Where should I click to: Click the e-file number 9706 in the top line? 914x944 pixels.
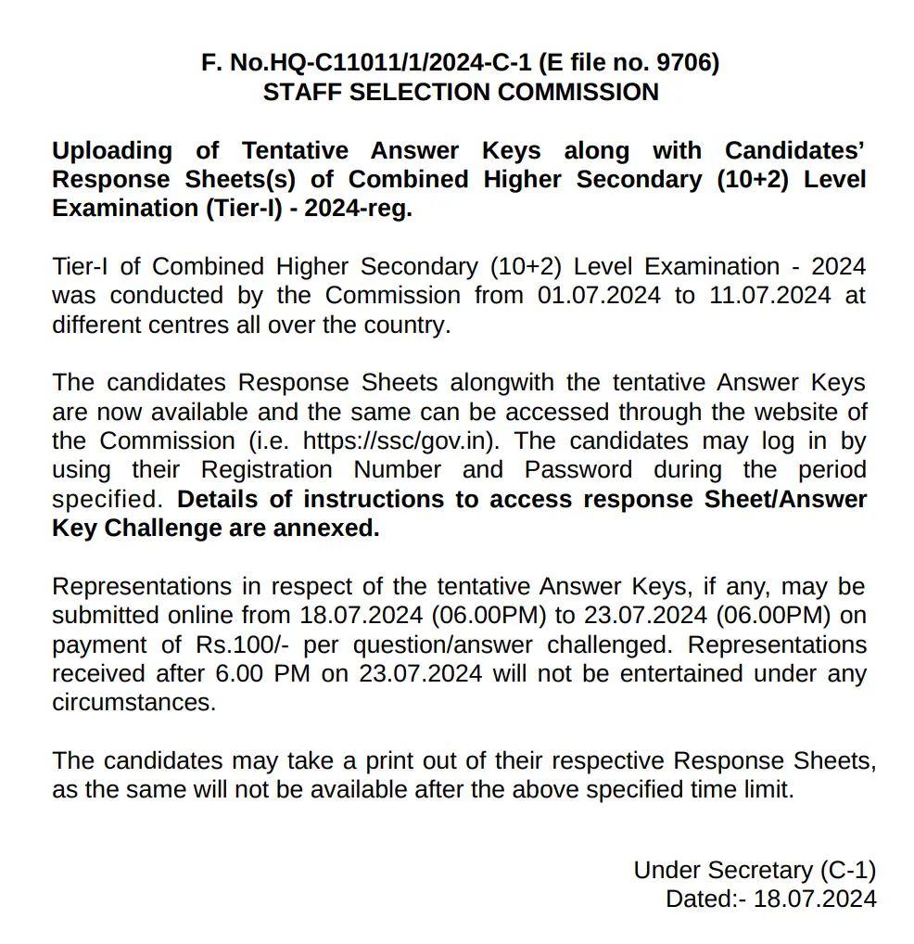pyautogui.click(x=686, y=63)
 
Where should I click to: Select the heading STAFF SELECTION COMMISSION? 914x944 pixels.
pyautogui.click(x=461, y=93)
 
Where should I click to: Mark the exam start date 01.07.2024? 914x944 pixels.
pyautogui.click(x=599, y=296)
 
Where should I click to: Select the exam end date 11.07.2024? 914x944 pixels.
pyautogui.click(x=771, y=296)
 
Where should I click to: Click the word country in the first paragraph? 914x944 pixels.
pyautogui.click(x=402, y=325)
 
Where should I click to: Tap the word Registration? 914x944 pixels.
pyautogui.click(x=267, y=469)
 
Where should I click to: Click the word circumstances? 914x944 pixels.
pyautogui.click(x=133, y=703)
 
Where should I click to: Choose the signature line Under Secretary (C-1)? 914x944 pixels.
pyautogui.click(x=754, y=870)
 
